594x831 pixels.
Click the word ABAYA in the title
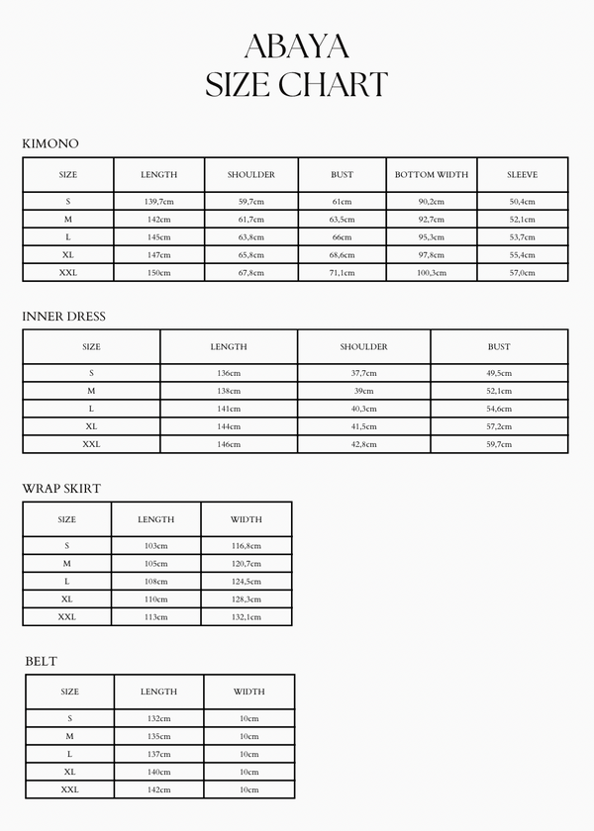[x=296, y=46]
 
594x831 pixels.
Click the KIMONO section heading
[x=50, y=143]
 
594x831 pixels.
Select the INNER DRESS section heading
[x=63, y=317]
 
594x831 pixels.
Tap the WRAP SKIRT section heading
[x=61, y=489]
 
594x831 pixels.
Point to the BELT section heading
[x=42, y=661]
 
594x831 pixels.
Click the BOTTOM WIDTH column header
[x=432, y=175]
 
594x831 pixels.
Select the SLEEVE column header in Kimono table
[x=523, y=175]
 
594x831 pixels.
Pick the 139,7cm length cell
[x=158, y=202]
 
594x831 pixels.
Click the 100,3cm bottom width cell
[x=432, y=273]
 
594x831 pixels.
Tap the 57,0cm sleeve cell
[x=523, y=273]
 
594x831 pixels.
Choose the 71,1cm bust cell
[x=342, y=273]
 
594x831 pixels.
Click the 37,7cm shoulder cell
[x=364, y=373]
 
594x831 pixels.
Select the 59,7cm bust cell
[x=499, y=444]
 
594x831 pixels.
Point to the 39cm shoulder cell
[x=364, y=391]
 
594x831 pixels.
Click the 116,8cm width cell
[x=247, y=546]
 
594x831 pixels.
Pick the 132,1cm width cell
[x=247, y=616]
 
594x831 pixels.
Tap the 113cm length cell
[x=156, y=616]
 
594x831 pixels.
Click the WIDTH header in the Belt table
[x=249, y=692]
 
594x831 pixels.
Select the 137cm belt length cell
[x=158, y=754]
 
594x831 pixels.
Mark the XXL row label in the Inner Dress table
[x=91, y=444]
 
